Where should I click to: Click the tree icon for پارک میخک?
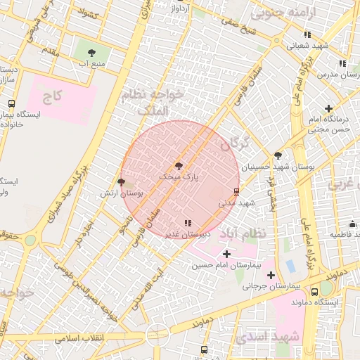(178, 166)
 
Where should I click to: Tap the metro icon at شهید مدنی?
(236, 191)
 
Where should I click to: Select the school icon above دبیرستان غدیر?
(186, 223)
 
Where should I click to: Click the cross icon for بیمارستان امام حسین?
(226, 253)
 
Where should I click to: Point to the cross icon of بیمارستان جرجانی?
(270, 274)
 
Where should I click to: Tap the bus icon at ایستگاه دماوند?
(314, 290)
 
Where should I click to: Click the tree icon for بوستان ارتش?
(121, 181)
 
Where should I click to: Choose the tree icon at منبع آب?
(92, 53)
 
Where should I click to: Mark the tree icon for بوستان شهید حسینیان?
(278, 155)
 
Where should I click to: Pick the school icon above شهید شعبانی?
(307, 34)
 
